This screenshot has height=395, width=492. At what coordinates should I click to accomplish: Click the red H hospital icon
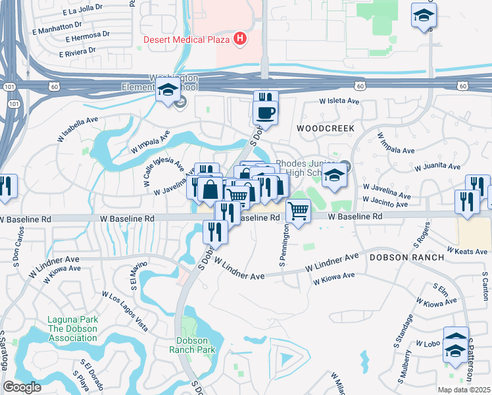(x=240, y=39)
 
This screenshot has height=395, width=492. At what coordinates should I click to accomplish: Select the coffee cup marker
(x=266, y=113)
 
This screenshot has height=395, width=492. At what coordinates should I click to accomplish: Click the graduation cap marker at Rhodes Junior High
(x=334, y=176)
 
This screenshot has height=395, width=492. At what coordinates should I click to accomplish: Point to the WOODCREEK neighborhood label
(x=325, y=128)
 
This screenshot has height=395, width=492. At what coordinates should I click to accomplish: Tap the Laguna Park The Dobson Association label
(x=72, y=329)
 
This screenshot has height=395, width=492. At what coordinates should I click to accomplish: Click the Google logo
(x=22, y=387)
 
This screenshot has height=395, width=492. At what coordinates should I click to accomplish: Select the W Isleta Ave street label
(x=339, y=101)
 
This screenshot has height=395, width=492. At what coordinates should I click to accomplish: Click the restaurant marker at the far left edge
(x=7, y=188)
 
